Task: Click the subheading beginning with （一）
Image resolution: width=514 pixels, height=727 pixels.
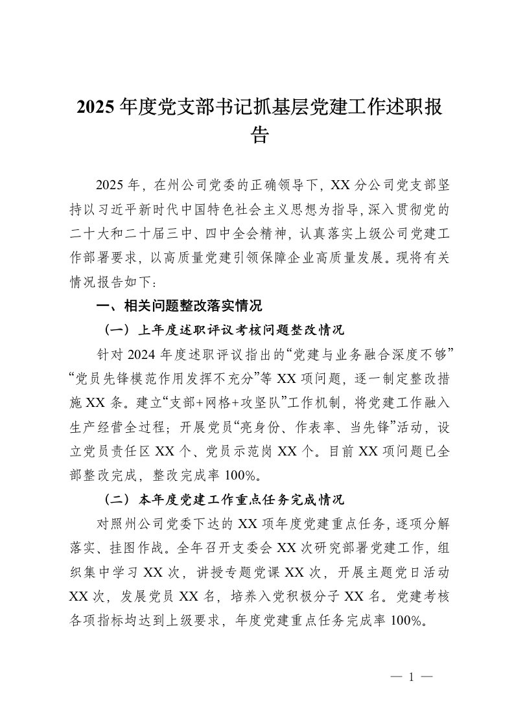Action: (x=224, y=330)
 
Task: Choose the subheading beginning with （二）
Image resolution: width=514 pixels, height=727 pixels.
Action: (x=224, y=500)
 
